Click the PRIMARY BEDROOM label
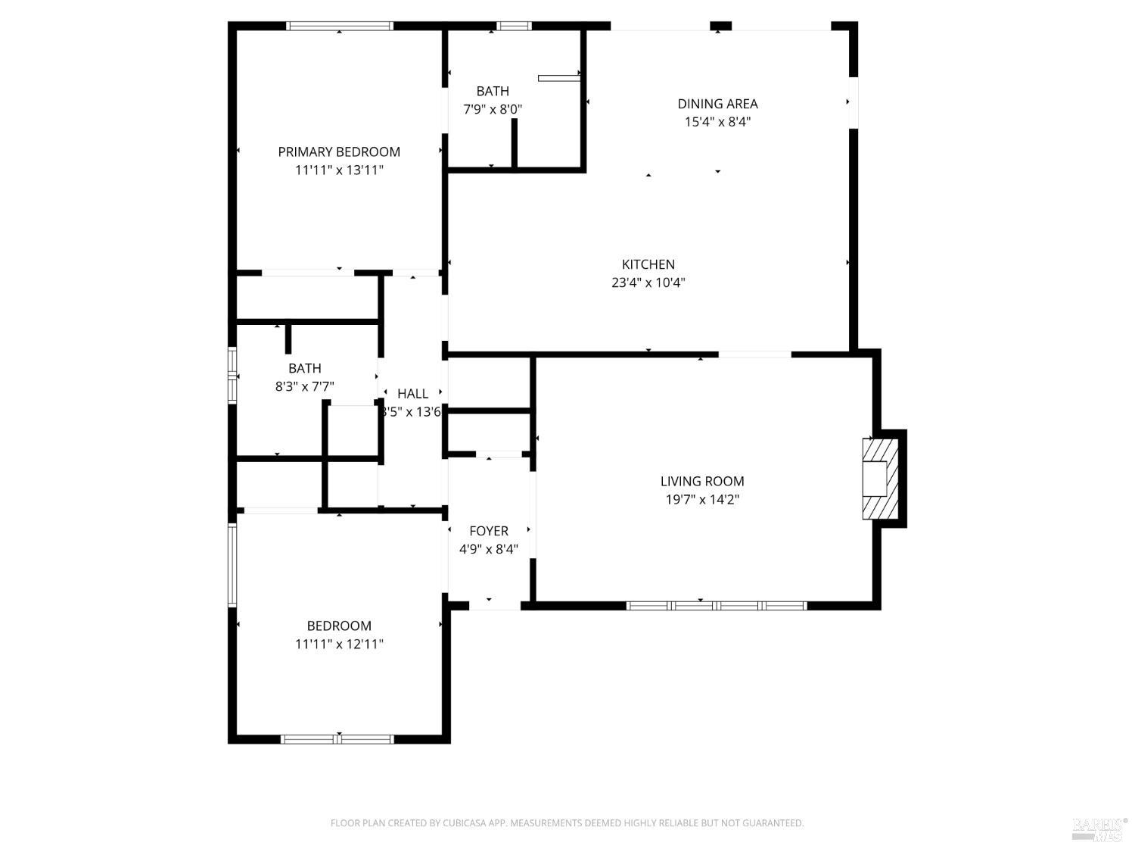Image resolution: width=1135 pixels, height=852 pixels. coord(339,151)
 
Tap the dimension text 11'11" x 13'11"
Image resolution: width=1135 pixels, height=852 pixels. coord(339,170)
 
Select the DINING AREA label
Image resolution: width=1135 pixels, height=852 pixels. coord(717,104)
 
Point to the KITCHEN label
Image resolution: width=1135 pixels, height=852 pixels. coord(648,264)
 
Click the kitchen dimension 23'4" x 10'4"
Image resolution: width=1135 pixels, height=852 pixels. coord(648,283)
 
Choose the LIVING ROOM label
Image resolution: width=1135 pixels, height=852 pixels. coord(702,481)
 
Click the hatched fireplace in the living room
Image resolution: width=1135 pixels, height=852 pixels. coord(879,479)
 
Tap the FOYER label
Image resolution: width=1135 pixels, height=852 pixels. coord(489,531)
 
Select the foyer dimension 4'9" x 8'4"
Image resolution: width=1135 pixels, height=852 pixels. coord(489,549)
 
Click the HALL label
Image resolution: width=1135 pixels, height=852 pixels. coord(413,393)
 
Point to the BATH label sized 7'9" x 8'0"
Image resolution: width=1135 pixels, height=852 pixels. coord(493,91)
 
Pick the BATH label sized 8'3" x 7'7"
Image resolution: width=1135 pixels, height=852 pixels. coord(304,368)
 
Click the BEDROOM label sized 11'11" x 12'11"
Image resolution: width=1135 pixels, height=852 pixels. coord(339,626)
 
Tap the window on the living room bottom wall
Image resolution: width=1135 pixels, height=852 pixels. coord(717,606)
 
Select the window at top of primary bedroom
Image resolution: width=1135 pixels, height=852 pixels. coord(339,26)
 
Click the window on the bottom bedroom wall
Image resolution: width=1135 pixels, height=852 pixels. coord(337,739)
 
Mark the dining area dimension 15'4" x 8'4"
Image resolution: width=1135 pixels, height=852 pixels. coord(717,122)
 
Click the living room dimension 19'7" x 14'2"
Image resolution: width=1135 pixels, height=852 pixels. coord(702,500)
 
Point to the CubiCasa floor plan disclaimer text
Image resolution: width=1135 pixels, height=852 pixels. coord(567,823)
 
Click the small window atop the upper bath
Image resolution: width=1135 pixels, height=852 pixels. coord(514,26)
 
